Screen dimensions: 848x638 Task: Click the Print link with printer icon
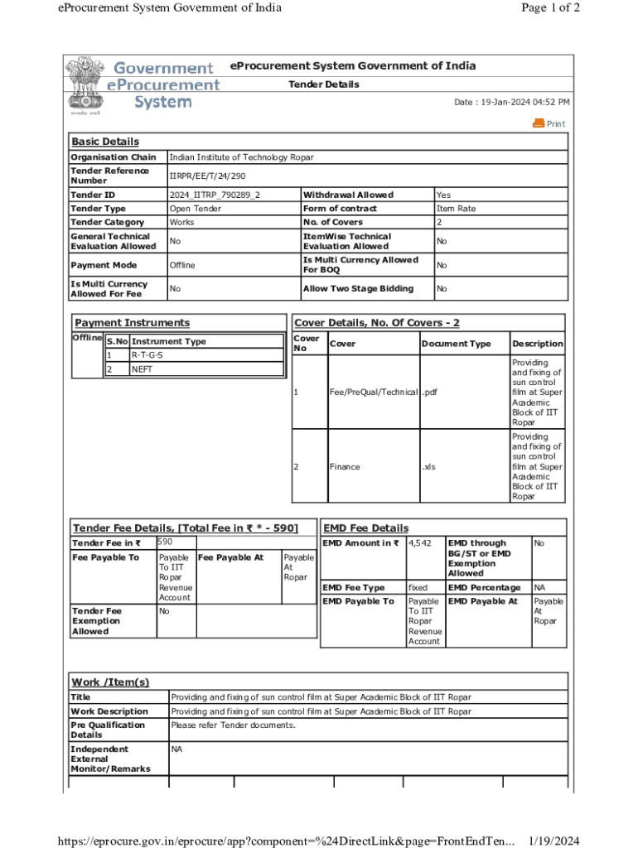coord(549,123)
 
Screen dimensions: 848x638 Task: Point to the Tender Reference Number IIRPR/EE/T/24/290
coord(207,176)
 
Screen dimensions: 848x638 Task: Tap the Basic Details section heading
coord(105,142)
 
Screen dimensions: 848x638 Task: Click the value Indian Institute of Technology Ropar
coord(241,157)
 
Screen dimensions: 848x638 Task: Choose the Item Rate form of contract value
coord(456,209)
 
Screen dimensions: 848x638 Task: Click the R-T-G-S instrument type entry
coord(147,355)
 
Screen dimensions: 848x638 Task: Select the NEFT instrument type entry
coord(142,369)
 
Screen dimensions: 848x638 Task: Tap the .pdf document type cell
coord(428,392)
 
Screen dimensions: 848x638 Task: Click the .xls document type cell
coord(428,466)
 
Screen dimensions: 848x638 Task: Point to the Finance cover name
coord(345,466)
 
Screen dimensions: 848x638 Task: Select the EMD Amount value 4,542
coord(420,543)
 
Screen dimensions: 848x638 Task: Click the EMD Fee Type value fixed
coord(418,587)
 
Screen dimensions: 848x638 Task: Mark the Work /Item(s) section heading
coord(110,682)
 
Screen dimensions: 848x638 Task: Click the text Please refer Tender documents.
coord(233,725)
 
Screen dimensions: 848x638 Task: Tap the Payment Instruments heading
coord(132,323)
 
